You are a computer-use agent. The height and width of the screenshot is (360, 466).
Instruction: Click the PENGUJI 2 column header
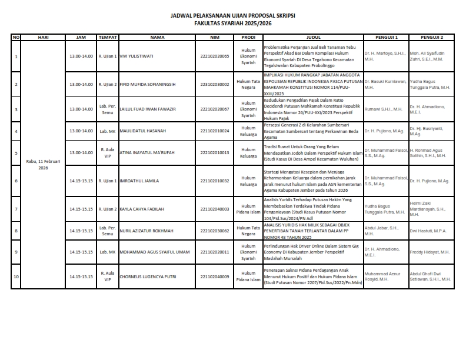(432, 37)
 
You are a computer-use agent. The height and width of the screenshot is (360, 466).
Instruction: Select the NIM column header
(214, 37)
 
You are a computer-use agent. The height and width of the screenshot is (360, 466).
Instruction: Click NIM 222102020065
(214, 56)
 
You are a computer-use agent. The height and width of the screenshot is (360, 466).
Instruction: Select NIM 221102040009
(214, 276)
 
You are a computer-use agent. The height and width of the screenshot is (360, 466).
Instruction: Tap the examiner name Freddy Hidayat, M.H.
(430, 252)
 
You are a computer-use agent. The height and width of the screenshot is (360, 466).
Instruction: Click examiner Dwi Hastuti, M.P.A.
(430, 231)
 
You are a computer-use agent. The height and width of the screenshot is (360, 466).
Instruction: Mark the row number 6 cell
(16, 181)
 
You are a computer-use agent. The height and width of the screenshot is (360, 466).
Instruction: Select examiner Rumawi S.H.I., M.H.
(384, 109)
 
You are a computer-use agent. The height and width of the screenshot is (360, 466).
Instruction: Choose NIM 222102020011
(214, 252)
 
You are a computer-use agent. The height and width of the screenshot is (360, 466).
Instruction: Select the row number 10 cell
(16, 276)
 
